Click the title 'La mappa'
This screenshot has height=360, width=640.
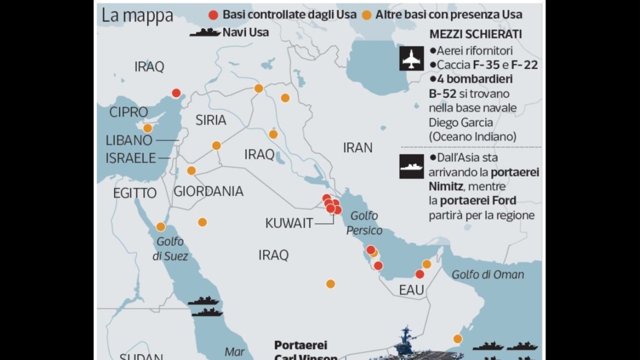[x=138, y=15]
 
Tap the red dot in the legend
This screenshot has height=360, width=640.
[x=213, y=15]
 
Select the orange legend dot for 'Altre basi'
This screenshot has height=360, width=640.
[x=366, y=15]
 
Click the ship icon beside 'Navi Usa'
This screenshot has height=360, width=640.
[x=205, y=33]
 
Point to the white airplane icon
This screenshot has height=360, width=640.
[x=411, y=58]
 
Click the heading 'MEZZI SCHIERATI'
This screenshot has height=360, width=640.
[x=476, y=35]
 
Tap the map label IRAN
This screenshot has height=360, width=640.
[x=357, y=148]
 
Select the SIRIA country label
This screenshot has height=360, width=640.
[x=211, y=121]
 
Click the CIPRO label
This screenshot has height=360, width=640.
[x=129, y=113]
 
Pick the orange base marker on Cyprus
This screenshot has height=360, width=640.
[x=148, y=128]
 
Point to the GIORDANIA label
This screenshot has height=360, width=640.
[x=209, y=191]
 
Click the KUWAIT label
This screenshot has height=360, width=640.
[x=289, y=223]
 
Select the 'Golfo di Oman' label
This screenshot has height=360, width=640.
[x=487, y=275]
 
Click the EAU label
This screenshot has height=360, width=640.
[x=411, y=291]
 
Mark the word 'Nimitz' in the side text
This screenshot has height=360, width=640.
[x=447, y=187]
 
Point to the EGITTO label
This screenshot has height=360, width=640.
[x=135, y=193]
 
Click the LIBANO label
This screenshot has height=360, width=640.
[x=129, y=141]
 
